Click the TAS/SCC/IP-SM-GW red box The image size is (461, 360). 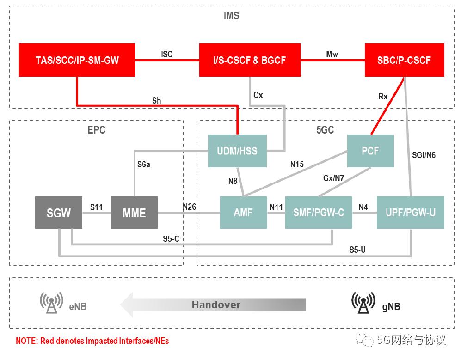77,60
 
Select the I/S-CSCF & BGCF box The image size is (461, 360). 250,60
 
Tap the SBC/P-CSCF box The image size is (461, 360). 404,60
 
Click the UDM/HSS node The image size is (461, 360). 237,151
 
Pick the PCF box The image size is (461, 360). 370,151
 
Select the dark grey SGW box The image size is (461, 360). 59,213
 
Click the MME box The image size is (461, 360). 134,213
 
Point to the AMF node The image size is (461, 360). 243,213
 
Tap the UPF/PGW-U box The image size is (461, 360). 411,213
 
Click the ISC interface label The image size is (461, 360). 167,54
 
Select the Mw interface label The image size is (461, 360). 332,54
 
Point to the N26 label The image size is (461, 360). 189,207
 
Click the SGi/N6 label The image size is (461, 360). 424,155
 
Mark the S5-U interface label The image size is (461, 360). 357,250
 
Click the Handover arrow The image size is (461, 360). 213,305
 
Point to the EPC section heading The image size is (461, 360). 96,130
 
